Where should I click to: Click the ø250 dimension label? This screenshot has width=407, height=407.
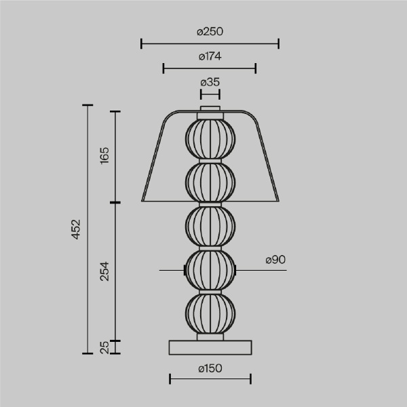210,32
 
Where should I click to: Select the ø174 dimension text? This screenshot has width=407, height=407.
210,57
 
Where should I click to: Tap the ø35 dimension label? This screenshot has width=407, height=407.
210,82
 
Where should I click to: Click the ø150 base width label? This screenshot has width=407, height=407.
210,368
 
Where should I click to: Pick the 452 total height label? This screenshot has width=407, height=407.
76,229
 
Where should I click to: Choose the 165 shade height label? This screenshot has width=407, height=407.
104,155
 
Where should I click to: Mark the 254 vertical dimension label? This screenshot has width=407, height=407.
104,271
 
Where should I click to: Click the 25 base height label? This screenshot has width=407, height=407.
104,347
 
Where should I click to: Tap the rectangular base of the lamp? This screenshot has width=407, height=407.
210,347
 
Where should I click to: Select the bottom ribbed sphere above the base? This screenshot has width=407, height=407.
210,313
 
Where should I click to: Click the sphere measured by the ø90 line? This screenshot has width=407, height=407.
210,270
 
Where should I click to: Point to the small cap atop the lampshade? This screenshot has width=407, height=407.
210,107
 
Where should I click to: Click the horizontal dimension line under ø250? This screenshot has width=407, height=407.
210,44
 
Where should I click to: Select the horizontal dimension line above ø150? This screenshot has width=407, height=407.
210,379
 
